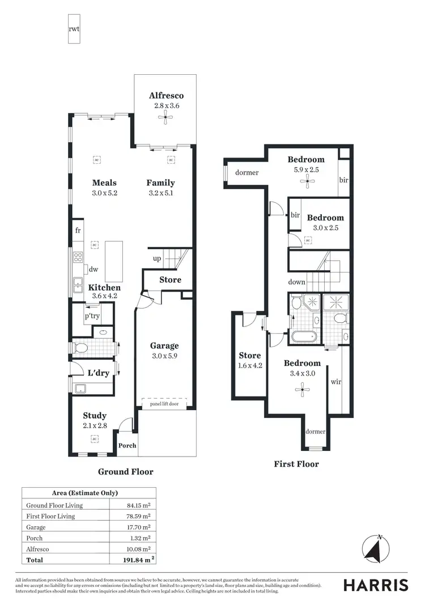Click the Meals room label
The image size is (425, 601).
(x=105, y=182)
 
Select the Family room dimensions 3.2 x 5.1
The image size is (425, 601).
(x=160, y=193)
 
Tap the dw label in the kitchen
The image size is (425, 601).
(x=93, y=270)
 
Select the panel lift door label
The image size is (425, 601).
(x=165, y=403)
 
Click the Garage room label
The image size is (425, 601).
(x=164, y=346)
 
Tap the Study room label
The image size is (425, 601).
(x=95, y=415)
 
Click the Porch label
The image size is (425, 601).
(x=127, y=445)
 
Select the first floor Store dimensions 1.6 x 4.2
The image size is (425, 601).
(x=250, y=366)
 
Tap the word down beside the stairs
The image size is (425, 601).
(x=296, y=282)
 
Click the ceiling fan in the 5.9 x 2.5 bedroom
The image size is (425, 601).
(x=307, y=181)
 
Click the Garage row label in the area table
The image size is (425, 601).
(x=36, y=527)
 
